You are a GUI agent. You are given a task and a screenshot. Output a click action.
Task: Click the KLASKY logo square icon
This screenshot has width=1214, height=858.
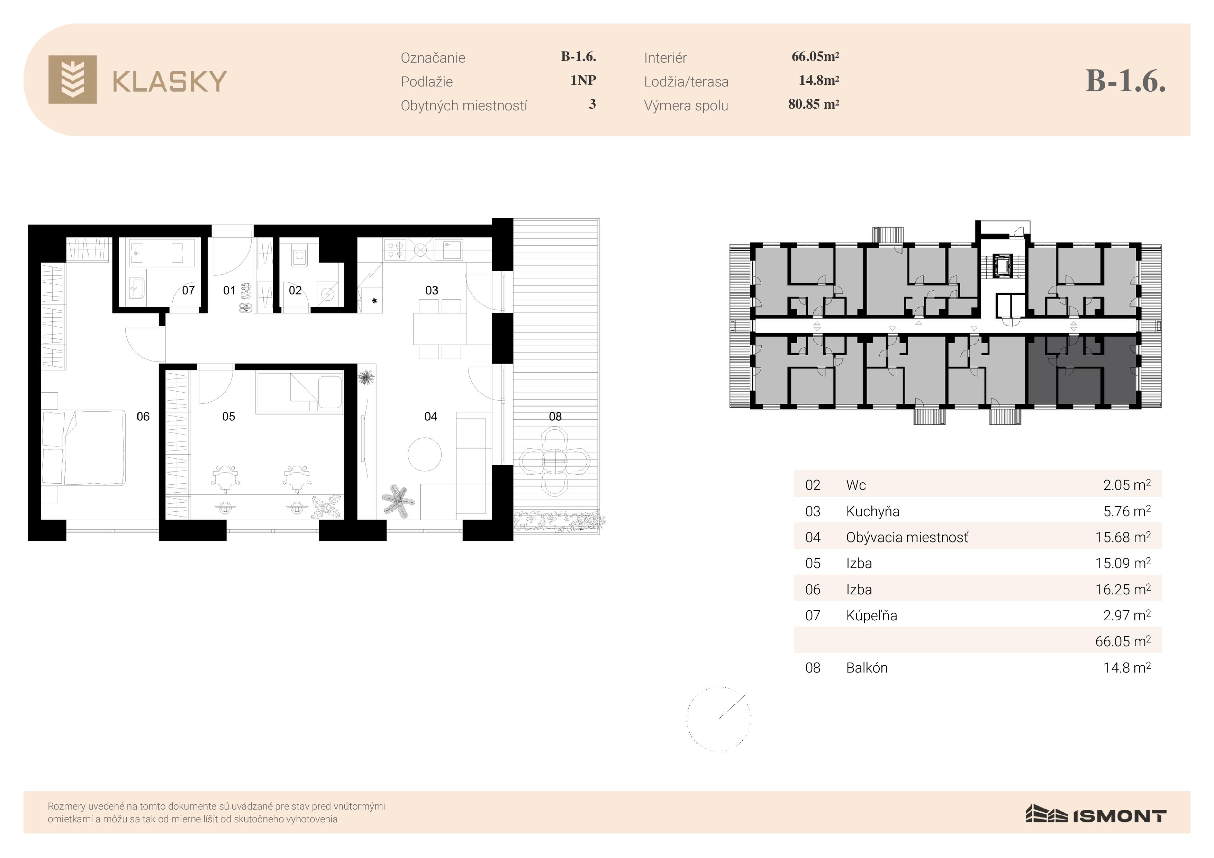tap(72, 79)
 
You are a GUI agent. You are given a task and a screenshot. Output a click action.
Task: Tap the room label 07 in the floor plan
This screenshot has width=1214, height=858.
tap(188, 290)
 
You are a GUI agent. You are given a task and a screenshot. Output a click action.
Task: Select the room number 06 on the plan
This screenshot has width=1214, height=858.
tap(143, 417)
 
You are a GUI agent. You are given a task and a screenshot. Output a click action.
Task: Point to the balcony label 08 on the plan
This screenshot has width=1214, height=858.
tap(555, 417)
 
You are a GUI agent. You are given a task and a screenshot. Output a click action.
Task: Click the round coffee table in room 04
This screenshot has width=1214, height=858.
tap(425, 454)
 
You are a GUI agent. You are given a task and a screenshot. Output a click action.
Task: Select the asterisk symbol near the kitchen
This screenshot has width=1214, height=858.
tap(374, 301)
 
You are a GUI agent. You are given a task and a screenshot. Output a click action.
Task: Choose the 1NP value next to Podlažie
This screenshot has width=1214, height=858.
tap(583, 80)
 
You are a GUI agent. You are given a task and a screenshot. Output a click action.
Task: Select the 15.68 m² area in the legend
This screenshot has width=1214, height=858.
tap(1123, 537)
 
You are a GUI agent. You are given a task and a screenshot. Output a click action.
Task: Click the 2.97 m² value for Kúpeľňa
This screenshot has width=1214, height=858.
tap(1127, 615)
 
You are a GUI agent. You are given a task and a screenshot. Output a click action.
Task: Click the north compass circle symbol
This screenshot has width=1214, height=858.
tap(718, 719)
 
